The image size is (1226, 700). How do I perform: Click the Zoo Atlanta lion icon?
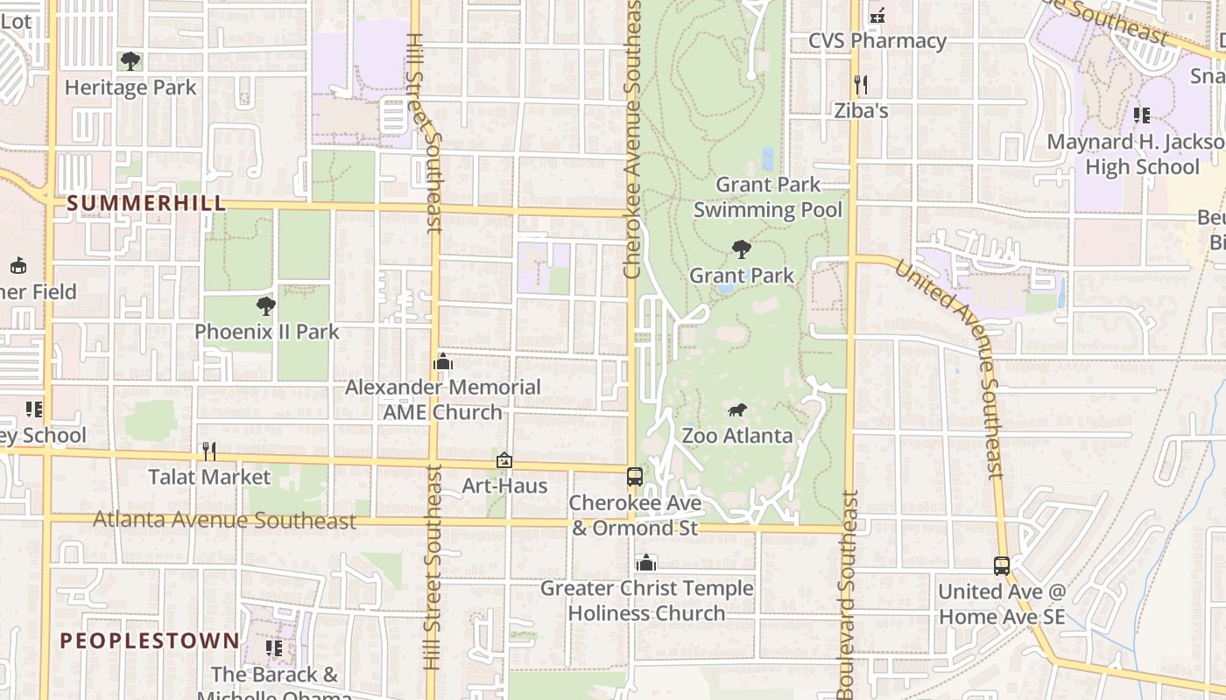(737, 409)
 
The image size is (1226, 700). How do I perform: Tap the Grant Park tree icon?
(742, 249)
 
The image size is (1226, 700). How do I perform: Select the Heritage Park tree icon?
(130, 61)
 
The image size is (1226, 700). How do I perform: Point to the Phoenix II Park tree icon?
(266, 306)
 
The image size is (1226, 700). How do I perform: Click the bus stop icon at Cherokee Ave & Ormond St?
(635, 477)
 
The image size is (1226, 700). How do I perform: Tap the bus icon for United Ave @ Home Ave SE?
(1002, 566)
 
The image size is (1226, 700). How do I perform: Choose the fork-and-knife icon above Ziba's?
(861, 85)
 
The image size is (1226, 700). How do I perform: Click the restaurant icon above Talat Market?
(208, 451)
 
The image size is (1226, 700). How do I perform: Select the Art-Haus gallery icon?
(504, 460)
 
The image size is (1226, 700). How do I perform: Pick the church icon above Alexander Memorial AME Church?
(443, 362)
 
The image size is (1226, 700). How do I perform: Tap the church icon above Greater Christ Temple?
(646, 563)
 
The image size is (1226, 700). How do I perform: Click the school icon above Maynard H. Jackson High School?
(1141, 115)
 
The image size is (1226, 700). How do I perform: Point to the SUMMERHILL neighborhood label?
(146, 204)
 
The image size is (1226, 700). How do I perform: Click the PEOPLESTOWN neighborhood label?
(150, 640)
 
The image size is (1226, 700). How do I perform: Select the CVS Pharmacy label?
(877, 41)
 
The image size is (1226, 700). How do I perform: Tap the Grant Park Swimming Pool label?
(768, 197)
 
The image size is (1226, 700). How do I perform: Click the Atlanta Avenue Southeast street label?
(224, 521)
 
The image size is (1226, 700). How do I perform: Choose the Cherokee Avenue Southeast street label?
(633, 140)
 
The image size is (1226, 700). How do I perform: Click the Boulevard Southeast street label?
(847, 595)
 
